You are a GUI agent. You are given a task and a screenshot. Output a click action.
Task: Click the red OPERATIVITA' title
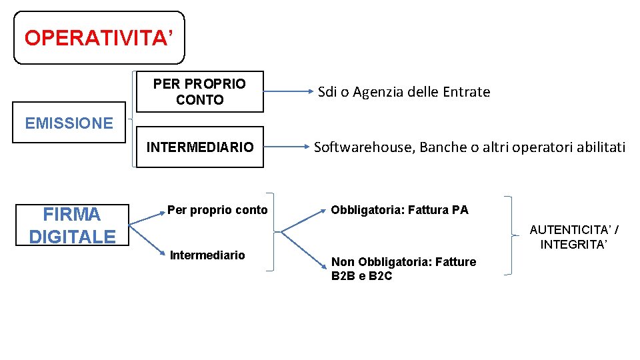pyautogui.click(x=99, y=38)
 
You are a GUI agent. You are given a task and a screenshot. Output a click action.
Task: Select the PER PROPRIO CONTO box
pyautogui.click(x=199, y=92)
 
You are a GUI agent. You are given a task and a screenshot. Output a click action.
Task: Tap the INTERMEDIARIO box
pyautogui.click(x=200, y=147)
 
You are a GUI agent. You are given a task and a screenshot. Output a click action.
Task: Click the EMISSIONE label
pyautogui.click(x=69, y=123)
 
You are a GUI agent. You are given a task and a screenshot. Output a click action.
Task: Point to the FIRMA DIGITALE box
pyautogui.click(x=72, y=225)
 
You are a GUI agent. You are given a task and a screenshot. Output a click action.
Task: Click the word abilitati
pyautogui.click(x=597, y=147)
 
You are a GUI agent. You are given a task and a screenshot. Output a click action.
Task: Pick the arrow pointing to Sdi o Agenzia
pyautogui.click(x=287, y=92)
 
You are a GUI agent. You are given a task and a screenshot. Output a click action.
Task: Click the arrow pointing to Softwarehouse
pyautogui.click(x=287, y=147)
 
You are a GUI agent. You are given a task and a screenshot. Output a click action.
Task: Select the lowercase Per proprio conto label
pyautogui.click(x=217, y=210)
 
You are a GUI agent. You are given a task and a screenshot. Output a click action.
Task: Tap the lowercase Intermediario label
pyautogui.click(x=207, y=255)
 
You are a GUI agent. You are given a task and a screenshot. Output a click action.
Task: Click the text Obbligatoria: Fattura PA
pyautogui.click(x=399, y=210)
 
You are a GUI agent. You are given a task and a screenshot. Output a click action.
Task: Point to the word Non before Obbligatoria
pyautogui.click(x=342, y=262)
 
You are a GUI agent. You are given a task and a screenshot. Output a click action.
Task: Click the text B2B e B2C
pyautogui.click(x=361, y=275)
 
